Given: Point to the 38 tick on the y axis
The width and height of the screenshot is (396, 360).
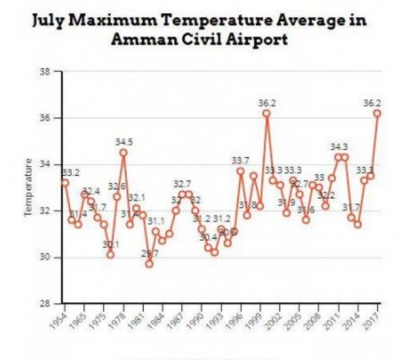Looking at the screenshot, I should (x=47, y=71).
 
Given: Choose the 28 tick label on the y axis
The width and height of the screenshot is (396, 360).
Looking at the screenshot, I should (x=47, y=304).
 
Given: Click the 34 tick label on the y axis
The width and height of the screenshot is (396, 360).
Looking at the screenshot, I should (x=47, y=164).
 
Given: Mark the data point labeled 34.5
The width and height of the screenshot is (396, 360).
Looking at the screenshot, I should (x=123, y=152).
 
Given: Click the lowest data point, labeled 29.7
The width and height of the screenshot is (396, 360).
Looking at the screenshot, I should (x=149, y=264).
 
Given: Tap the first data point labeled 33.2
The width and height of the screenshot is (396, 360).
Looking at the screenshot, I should (x=65, y=182).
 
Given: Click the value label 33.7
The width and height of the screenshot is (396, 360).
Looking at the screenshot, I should (x=240, y=160).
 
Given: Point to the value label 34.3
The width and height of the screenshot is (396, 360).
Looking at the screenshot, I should (x=339, y=146).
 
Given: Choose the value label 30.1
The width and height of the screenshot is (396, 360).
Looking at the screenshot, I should (x=110, y=245).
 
